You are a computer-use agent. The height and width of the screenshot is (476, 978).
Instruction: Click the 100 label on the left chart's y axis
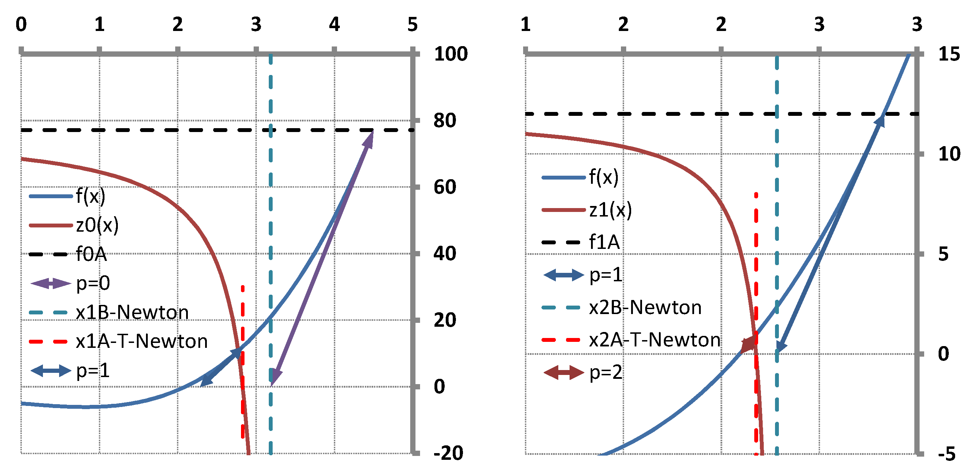click(451, 54)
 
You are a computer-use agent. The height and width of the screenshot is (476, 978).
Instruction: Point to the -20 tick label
click(448, 453)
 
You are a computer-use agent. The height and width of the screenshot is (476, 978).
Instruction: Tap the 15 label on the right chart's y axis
click(949, 54)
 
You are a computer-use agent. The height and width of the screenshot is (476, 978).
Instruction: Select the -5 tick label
click(946, 454)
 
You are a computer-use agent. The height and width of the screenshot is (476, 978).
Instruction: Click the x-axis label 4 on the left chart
click(334, 25)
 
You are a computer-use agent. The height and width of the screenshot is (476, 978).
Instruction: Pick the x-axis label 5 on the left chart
click(412, 25)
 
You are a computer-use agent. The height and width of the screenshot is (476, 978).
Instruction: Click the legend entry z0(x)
click(97, 225)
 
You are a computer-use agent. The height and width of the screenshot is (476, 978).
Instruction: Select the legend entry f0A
click(91, 254)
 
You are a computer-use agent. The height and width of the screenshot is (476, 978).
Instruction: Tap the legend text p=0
click(93, 283)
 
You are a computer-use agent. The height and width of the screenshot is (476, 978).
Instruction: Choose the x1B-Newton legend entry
click(132, 312)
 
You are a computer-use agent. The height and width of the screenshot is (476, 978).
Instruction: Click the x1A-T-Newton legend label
click(142, 341)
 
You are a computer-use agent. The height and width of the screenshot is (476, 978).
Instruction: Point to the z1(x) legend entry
click(610, 210)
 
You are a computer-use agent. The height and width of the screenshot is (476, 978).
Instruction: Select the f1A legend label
click(604, 242)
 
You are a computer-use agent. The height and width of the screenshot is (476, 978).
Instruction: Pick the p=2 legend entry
click(605, 372)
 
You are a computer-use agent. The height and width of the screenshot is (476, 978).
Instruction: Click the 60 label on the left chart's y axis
click(445, 187)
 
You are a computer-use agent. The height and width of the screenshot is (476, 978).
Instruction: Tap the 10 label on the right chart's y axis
click(949, 154)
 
